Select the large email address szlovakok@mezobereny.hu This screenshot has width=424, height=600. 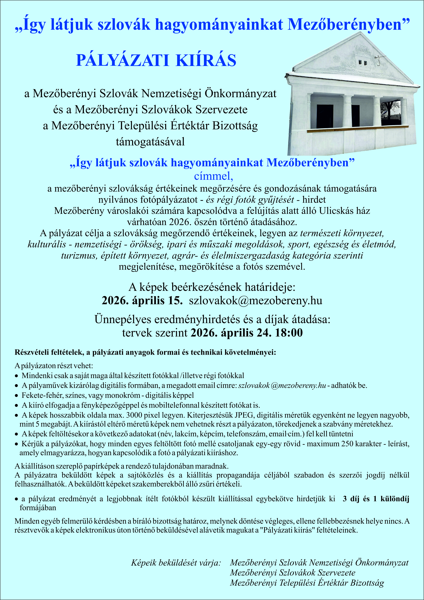pyautogui.click(x=255, y=300)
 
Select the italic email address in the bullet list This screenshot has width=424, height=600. pyautogui.click(x=282, y=385)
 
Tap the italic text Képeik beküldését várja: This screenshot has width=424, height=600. pyautogui.click(x=176, y=562)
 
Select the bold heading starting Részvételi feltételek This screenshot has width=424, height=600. pyautogui.click(x=145, y=352)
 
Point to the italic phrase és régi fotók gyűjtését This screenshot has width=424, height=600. pyautogui.click(x=250, y=200)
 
